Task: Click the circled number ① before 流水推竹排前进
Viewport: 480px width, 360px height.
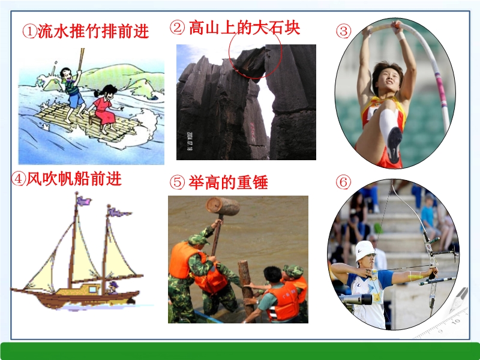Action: pyautogui.click(x=29, y=32)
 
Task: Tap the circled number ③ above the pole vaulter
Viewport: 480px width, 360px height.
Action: pyautogui.click(x=343, y=31)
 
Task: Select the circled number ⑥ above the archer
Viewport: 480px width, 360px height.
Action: pyautogui.click(x=343, y=182)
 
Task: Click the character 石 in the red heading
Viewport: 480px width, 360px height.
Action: pyautogui.click(x=276, y=28)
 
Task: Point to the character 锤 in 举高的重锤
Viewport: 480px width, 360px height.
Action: pyautogui.click(x=260, y=182)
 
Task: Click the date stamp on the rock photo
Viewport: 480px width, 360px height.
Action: pyautogui.click(x=189, y=141)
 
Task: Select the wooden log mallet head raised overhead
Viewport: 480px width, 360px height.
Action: pyautogui.click(x=223, y=206)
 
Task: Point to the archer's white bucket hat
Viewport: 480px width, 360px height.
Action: pyautogui.click(x=365, y=250)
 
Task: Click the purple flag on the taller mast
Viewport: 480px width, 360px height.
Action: pyautogui.click(x=83, y=201)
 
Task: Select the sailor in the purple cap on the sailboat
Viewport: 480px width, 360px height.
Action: pyautogui.click(x=113, y=288)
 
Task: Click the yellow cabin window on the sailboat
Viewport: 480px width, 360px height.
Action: pyautogui.click(x=92, y=289)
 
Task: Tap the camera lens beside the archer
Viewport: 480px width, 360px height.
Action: pyautogui.click(x=356, y=299)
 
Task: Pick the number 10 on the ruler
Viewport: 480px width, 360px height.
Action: pyautogui.click(x=456, y=322)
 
